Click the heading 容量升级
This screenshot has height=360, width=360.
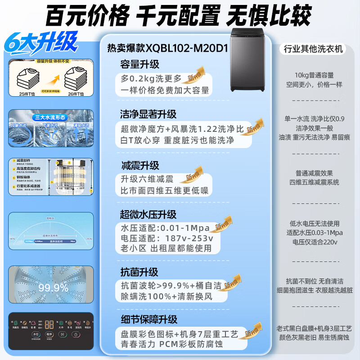[139, 64]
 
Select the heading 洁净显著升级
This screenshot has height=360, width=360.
[148, 114]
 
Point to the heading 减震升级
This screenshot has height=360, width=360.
[139, 166]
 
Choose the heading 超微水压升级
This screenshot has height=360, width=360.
[148, 214]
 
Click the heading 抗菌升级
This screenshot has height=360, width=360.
[139, 272]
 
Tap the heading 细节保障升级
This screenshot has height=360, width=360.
[148, 319]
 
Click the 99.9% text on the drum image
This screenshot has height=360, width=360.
[54, 287]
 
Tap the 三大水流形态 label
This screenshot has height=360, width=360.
[51, 118]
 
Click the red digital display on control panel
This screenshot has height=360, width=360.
[50, 324]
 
